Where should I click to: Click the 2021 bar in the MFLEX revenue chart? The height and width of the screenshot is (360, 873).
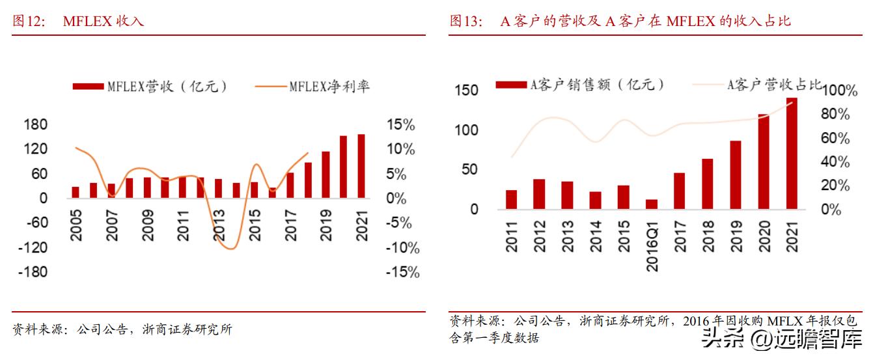click(361, 166)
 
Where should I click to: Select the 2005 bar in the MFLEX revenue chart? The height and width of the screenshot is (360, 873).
click(76, 192)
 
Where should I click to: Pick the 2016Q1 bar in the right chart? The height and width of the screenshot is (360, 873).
click(652, 204)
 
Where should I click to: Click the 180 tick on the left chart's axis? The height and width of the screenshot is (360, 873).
click(35, 124)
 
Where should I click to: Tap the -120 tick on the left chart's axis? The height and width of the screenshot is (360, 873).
click(32, 247)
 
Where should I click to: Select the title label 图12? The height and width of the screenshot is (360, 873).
click(29, 21)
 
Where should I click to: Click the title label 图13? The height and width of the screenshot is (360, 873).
click(465, 21)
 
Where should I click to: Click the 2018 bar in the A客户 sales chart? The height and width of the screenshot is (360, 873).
click(707, 184)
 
